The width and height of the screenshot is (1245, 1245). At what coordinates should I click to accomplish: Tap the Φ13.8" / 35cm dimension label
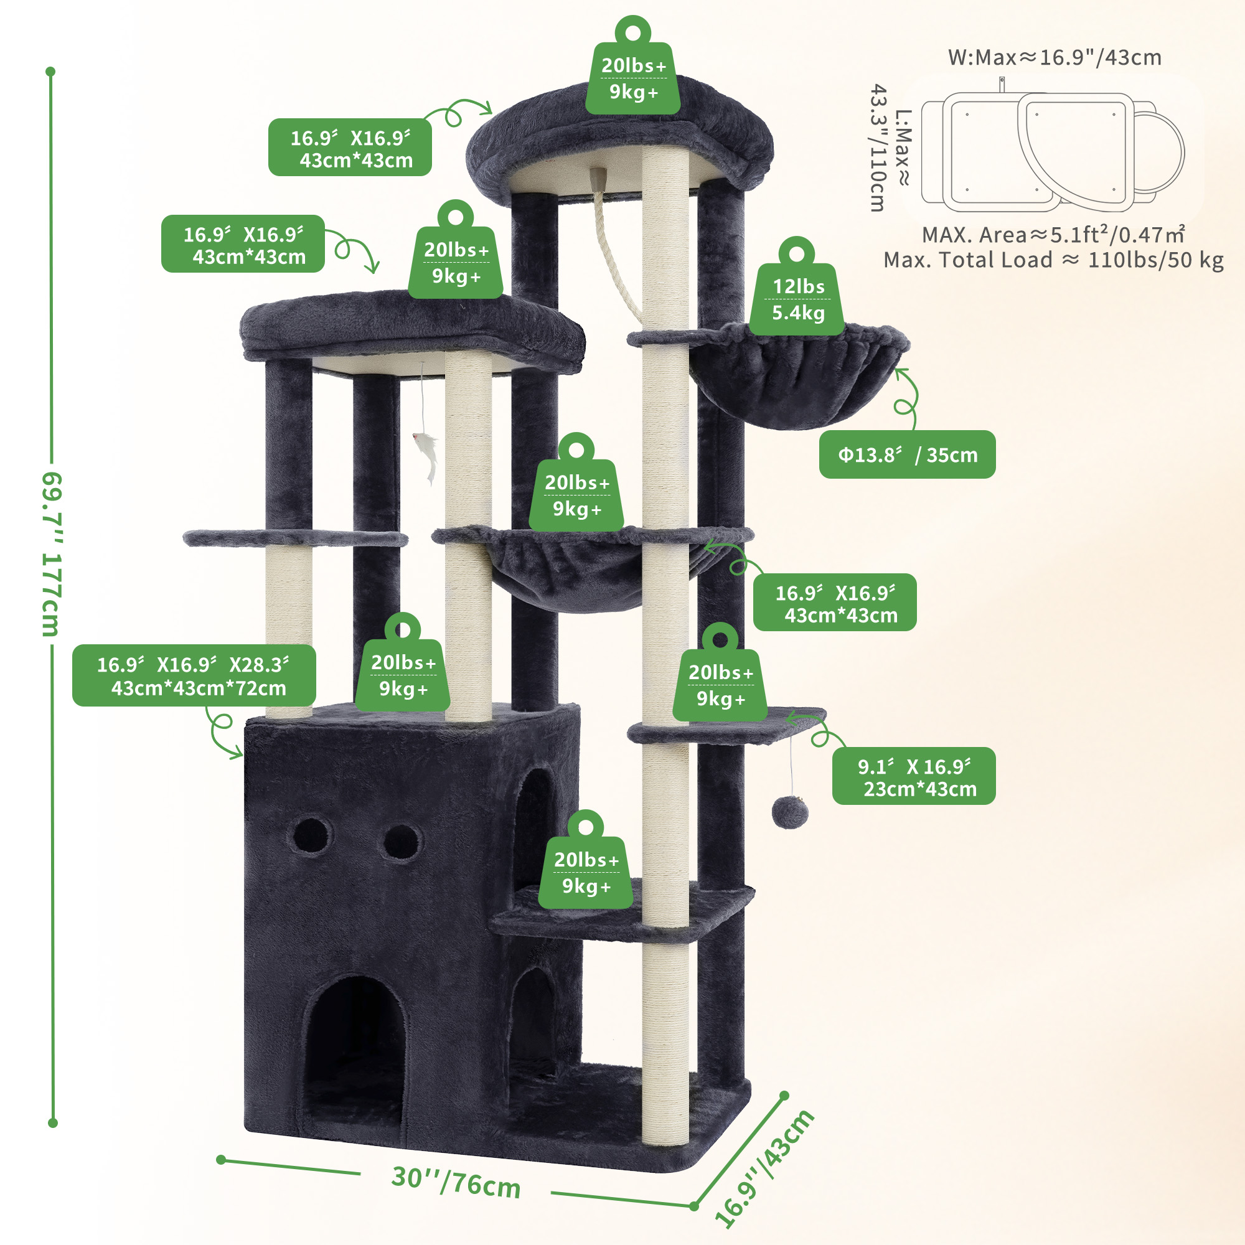point(907,454)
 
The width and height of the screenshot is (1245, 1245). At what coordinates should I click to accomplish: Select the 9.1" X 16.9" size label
point(913,776)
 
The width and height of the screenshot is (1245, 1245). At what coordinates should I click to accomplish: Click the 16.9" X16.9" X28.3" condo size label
point(194,675)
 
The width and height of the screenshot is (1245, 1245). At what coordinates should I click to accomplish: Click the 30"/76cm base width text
point(456,1182)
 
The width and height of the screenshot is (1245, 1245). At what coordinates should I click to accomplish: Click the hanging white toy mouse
point(426,455)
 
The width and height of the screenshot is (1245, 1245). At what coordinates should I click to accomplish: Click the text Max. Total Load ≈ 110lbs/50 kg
point(1053,260)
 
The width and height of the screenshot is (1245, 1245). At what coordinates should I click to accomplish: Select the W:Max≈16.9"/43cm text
point(1055,57)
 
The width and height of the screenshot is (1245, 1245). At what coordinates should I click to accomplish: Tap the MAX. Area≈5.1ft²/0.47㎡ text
point(1053,235)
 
